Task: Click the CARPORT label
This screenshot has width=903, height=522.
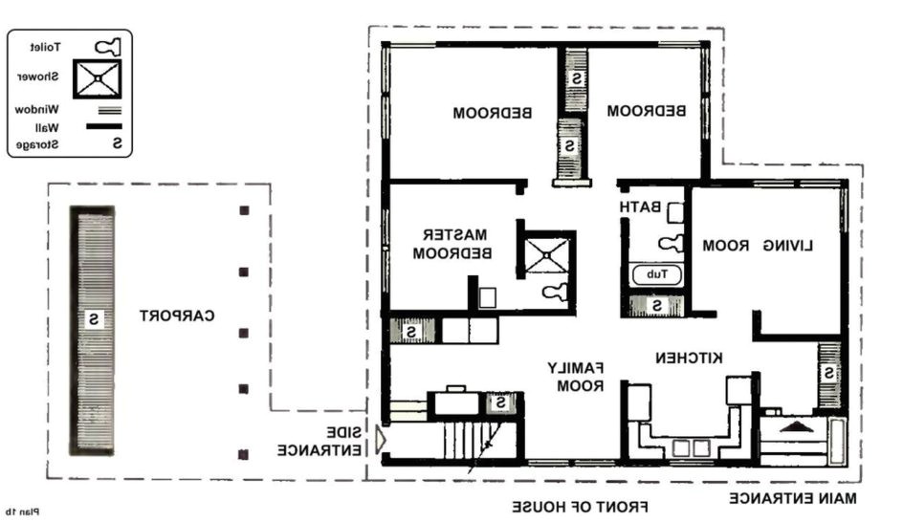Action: click(177, 315)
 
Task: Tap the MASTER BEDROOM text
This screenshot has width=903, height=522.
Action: click(457, 244)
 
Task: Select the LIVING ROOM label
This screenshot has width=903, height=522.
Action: click(758, 246)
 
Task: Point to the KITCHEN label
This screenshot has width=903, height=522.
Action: click(689, 357)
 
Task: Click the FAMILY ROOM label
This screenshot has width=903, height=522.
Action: click(577, 377)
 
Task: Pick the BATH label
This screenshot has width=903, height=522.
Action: click(638, 207)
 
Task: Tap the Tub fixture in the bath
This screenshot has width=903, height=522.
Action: click(656, 274)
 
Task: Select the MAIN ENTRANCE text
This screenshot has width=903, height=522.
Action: click(793, 498)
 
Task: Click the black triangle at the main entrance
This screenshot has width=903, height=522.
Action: click(793, 425)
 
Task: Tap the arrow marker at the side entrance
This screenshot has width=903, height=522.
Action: click(381, 440)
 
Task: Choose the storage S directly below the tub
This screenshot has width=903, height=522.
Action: click(657, 306)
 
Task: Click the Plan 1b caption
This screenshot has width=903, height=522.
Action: click(22, 511)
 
